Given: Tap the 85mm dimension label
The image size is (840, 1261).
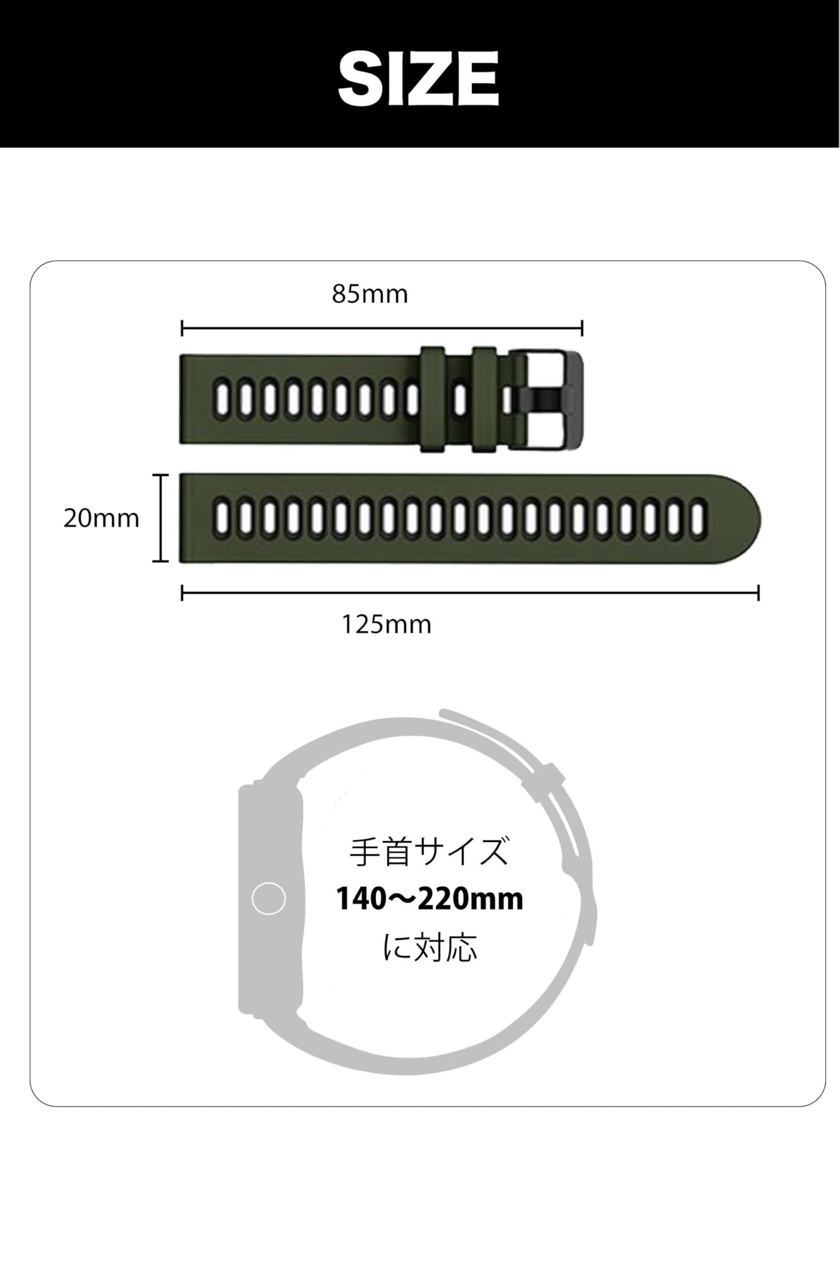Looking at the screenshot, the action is [370, 294].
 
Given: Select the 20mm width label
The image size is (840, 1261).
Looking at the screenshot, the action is [101, 518].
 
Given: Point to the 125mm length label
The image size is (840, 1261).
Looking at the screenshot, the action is [386, 625].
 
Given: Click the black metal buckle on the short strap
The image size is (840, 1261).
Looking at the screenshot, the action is [552, 399].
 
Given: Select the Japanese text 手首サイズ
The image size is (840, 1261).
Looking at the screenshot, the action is [428, 852].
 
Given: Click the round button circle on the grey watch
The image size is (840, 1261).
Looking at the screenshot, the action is [268, 899].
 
